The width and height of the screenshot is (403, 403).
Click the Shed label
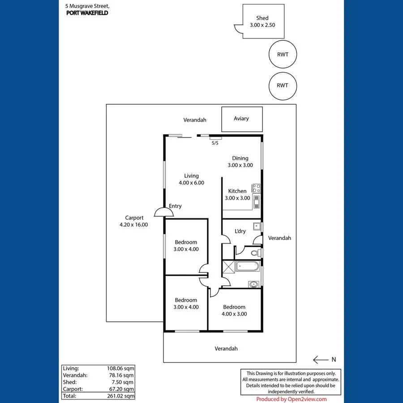262,18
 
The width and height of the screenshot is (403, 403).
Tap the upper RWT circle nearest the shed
283,55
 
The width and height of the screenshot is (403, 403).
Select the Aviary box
242,119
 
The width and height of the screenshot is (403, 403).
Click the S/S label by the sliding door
215,143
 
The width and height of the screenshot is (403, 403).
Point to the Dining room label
240,158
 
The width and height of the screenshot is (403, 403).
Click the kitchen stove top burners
257,188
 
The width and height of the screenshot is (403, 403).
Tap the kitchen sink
257,202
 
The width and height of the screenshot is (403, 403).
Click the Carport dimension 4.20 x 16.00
133,225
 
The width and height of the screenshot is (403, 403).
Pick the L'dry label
240,231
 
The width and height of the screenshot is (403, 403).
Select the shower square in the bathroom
228,267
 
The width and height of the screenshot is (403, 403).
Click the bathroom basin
254,283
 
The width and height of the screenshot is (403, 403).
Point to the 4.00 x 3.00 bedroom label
234,314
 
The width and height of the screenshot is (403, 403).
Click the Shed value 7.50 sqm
123,382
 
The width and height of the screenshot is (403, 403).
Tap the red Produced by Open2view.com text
292,399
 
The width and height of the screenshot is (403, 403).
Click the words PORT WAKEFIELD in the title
87,13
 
